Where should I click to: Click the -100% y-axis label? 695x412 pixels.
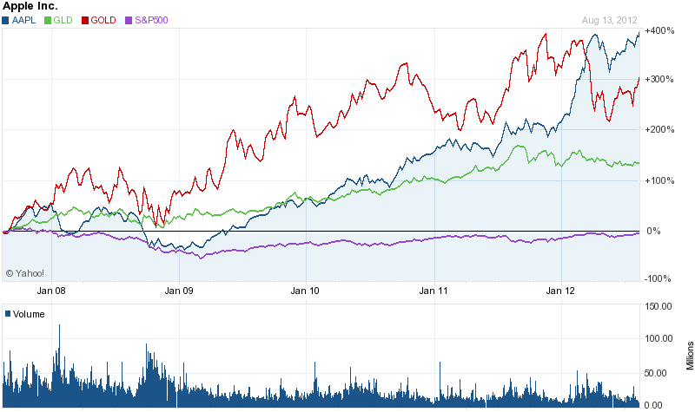coord(659,278)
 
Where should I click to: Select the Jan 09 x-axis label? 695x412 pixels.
coord(178,291)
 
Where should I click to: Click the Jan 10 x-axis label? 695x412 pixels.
coord(306,291)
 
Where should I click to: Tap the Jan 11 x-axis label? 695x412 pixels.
coord(434,291)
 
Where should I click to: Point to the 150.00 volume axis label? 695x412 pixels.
coord(662,306)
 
